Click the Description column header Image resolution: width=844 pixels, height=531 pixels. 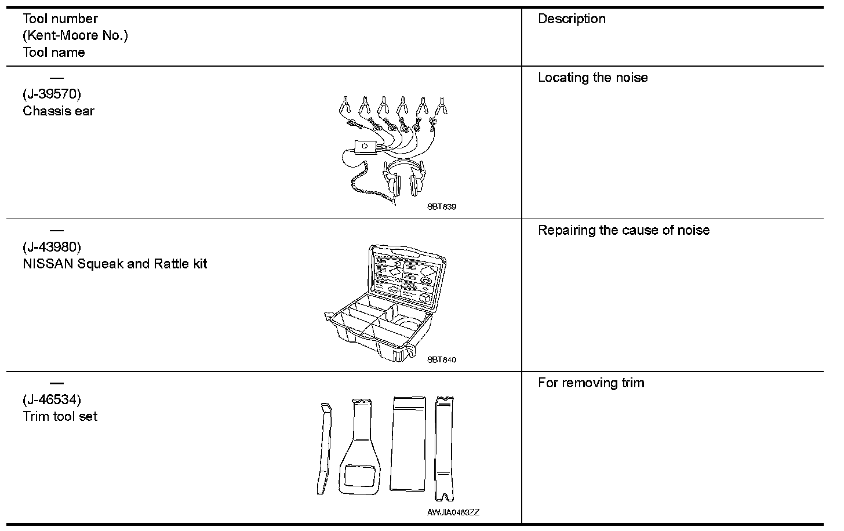pyautogui.click(x=572, y=19)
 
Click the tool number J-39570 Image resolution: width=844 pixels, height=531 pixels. pyautogui.click(x=52, y=94)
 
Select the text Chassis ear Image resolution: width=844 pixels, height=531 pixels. pyautogui.click(x=59, y=111)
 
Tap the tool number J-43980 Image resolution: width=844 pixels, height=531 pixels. pyautogui.click(x=52, y=247)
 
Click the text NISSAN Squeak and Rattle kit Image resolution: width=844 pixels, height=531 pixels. pyautogui.click(x=115, y=264)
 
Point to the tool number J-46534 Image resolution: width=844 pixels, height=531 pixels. pyautogui.click(x=52, y=399)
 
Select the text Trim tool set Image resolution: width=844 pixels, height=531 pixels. pyautogui.click(x=60, y=416)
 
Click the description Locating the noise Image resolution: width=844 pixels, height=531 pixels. pyautogui.click(x=592, y=78)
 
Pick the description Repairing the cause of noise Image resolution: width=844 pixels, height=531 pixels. pyautogui.click(x=624, y=230)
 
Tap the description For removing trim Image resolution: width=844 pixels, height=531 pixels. pyautogui.click(x=591, y=383)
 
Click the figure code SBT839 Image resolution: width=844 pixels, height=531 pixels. pyautogui.click(x=442, y=207)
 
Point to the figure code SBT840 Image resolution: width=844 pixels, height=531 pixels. pyautogui.click(x=442, y=359)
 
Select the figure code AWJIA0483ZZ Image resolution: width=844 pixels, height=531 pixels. pyautogui.click(x=453, y=512)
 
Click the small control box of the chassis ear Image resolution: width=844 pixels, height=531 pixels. pyautogui.click(x=364, y=146)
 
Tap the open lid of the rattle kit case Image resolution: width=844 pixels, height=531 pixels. pyautogui.click(x=409, y=275)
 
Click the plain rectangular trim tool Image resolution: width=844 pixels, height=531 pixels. pyautogui.click(x=409, y=443)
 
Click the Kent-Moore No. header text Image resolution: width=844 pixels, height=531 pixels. pyautogui.click(x=75, y=35)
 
